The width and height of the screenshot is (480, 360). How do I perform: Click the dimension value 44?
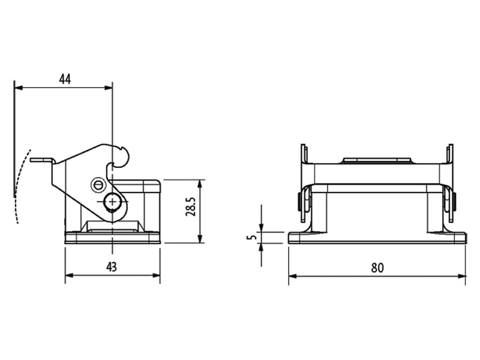tap(65, 79)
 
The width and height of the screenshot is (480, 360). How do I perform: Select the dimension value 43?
tap(112, 267)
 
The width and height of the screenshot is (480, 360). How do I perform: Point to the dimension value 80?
tap(377, 268)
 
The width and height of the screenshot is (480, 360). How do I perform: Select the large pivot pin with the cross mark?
tap(112, 203)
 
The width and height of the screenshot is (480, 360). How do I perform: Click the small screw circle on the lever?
tap(97, 185)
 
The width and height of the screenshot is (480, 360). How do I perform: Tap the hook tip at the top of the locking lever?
tap(126, 155)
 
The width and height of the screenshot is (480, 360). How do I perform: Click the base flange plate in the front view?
tap(377, 238)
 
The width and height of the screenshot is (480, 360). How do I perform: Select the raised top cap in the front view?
tap(377, 161)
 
